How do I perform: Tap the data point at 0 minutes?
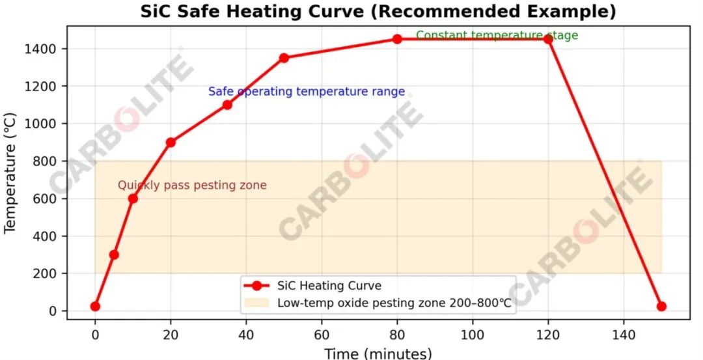coord(95,306)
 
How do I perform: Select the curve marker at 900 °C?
coord(171,142)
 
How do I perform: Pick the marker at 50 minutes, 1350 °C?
coord(284,58)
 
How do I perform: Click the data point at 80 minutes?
coord(397,39)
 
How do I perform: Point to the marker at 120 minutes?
coord(548,39)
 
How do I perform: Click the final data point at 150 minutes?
coord(661,306)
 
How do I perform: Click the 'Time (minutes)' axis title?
coord(378,353)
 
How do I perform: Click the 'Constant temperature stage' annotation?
coord(497,36)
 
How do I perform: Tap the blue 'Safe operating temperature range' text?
coord(306,92)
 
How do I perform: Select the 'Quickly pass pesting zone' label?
coord(192,186)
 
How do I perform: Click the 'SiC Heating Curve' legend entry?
coord(329,285)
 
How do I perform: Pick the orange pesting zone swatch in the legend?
coord(256,303)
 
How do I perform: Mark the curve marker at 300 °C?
coord(114,255)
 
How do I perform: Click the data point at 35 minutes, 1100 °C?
coord(227,105)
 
